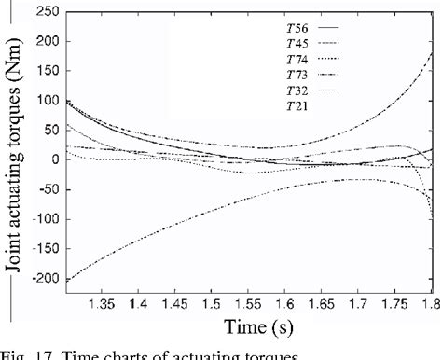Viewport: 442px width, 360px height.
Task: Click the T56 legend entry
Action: click(299, 30)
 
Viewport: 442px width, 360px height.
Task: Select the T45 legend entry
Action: click(299, 45)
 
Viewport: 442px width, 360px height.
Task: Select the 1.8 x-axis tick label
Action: click(430, 304)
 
